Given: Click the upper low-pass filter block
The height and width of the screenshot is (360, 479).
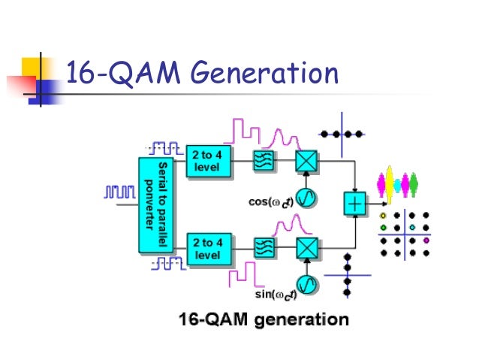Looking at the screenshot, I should [x=264, y=160].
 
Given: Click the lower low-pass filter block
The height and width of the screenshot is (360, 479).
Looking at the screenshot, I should [x=264, y=248].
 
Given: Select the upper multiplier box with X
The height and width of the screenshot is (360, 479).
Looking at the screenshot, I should [x=305, y=160].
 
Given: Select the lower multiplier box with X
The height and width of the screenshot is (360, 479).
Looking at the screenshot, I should [x=305, y=247].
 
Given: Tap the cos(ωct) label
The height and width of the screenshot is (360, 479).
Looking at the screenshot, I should [x=270, y=201].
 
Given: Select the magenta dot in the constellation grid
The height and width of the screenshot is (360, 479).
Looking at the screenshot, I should [x=426, y=241].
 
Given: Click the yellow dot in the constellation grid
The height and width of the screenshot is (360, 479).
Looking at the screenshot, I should [x=384, y=215].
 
